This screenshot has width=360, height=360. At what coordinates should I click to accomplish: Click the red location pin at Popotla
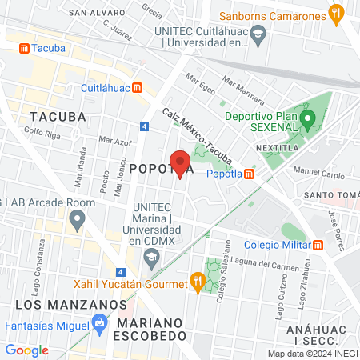[x=181, y=162]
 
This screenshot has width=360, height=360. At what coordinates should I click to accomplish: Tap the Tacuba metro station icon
[x=24, y=48]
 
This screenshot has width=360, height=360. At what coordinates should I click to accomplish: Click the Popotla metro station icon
[x=250, y=174]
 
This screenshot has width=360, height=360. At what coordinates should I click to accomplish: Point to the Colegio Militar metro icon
[x=318, y=246]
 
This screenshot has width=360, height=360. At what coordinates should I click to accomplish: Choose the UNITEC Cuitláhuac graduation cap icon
[x=258, y=34]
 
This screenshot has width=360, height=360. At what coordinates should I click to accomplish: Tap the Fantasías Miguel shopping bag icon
[x=99, y=325]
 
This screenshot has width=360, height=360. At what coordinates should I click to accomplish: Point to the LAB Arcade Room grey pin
[x=77, y=222]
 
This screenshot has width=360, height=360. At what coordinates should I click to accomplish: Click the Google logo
[x=26, y=350]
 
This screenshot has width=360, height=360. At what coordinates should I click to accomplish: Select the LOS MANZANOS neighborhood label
[x=70, y=305]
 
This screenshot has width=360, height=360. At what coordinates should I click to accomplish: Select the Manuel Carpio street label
[x=318, y=172]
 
